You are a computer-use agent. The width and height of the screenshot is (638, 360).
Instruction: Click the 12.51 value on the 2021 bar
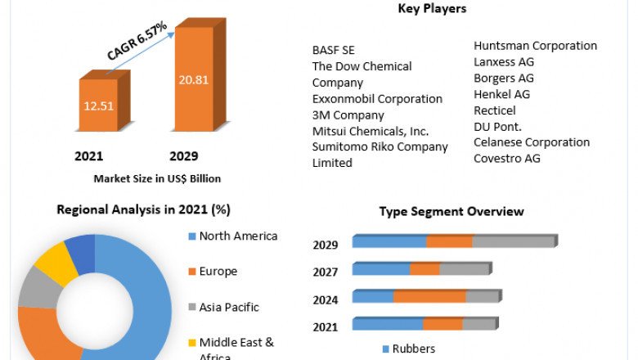click(97, 106)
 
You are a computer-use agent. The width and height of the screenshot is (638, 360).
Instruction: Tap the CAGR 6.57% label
click(137, 41)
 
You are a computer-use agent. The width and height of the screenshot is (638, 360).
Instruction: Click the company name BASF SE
click(334, 50)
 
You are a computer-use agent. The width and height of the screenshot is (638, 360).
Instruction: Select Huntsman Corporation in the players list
click(535, 46)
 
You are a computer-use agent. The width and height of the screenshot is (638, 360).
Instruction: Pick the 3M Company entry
click(348, 115)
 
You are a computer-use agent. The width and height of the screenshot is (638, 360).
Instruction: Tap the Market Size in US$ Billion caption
click(157, 178)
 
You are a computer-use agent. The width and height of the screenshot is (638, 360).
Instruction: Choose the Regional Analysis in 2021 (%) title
click(143, 209)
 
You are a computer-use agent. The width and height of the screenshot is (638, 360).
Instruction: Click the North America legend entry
click(238, 236)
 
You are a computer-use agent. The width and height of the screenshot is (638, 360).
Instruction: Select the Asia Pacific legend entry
click(229, 308)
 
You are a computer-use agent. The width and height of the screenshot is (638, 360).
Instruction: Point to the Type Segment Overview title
click(451, 211)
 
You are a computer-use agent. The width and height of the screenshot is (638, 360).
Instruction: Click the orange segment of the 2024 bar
click(429, 297)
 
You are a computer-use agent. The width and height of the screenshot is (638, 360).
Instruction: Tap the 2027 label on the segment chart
click(326, 272)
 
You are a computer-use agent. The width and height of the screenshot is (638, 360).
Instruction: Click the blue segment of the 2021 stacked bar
click(388, 325)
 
